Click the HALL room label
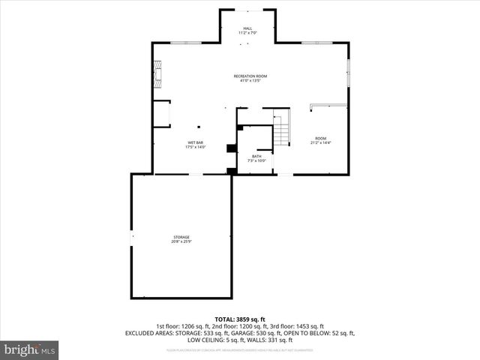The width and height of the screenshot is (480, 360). click(x=247, y=28)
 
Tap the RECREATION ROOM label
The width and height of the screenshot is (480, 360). click(x=250, y=76)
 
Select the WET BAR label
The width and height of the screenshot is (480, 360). click(x=195, y=142)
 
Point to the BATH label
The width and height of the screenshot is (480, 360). click(x=256, y=156)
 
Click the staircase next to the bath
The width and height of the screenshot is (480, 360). click(x=280, y=127)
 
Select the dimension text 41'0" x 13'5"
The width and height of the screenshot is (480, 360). click(x=250, y=81)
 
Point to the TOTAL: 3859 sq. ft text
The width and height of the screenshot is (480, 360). click(x=240, y=319)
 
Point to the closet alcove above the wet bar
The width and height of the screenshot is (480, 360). click(x=162, y=113)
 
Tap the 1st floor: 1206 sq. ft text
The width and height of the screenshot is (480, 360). click(x=182, y=326)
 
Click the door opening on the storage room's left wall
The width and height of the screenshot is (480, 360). click(x=132, y=236)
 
